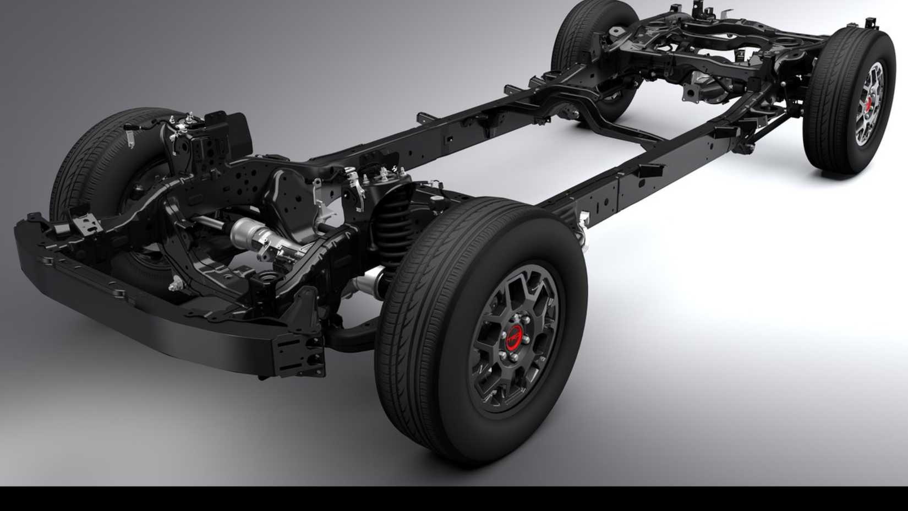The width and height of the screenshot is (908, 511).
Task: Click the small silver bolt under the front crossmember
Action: (x=177, y=284)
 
